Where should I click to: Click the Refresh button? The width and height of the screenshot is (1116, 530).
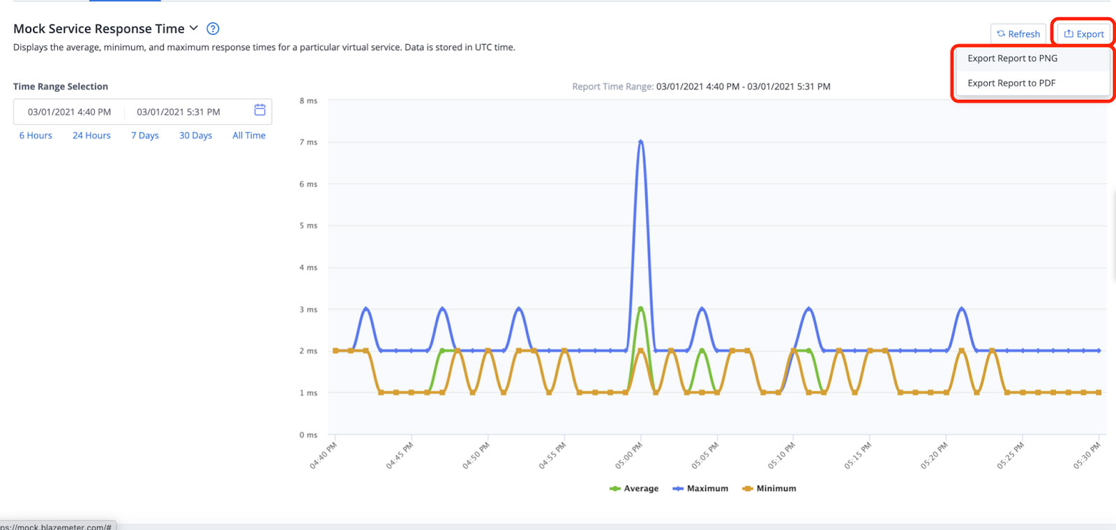[x=1018, y=34]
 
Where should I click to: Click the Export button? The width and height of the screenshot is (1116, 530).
[x=1083, y=34]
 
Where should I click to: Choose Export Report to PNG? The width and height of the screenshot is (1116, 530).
[x=1012, y=59]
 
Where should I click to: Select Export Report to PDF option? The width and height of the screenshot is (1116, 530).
[x=1011, y=83]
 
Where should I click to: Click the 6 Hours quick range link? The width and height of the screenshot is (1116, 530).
[x=36, y=135]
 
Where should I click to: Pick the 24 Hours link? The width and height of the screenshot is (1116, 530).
[x=91, y=135]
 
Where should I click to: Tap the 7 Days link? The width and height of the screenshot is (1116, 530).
[x=145, y=135]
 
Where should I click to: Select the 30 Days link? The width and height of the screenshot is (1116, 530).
[x=195, y=135]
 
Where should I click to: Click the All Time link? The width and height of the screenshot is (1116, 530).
[x=249, y=135]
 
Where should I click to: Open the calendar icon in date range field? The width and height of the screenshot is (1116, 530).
[x=259, y=110]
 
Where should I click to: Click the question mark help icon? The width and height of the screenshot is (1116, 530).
[x=213, y=29]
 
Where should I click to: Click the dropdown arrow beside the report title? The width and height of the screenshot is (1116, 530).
[x=194, y=29]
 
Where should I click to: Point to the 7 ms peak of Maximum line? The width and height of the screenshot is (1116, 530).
[x=640, y=142]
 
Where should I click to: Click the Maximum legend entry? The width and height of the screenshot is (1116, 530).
[x=700, y=489]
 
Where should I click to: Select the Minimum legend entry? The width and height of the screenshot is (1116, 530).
[x=769, y=489]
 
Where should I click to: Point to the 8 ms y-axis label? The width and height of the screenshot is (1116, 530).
[x=308, y=101]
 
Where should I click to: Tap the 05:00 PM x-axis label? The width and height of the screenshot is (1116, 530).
[x=628, y=455]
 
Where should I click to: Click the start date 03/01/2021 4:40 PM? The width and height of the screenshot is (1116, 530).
[x=69, y=112]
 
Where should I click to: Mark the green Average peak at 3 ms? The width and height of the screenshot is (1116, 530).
[x=640, y=309]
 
